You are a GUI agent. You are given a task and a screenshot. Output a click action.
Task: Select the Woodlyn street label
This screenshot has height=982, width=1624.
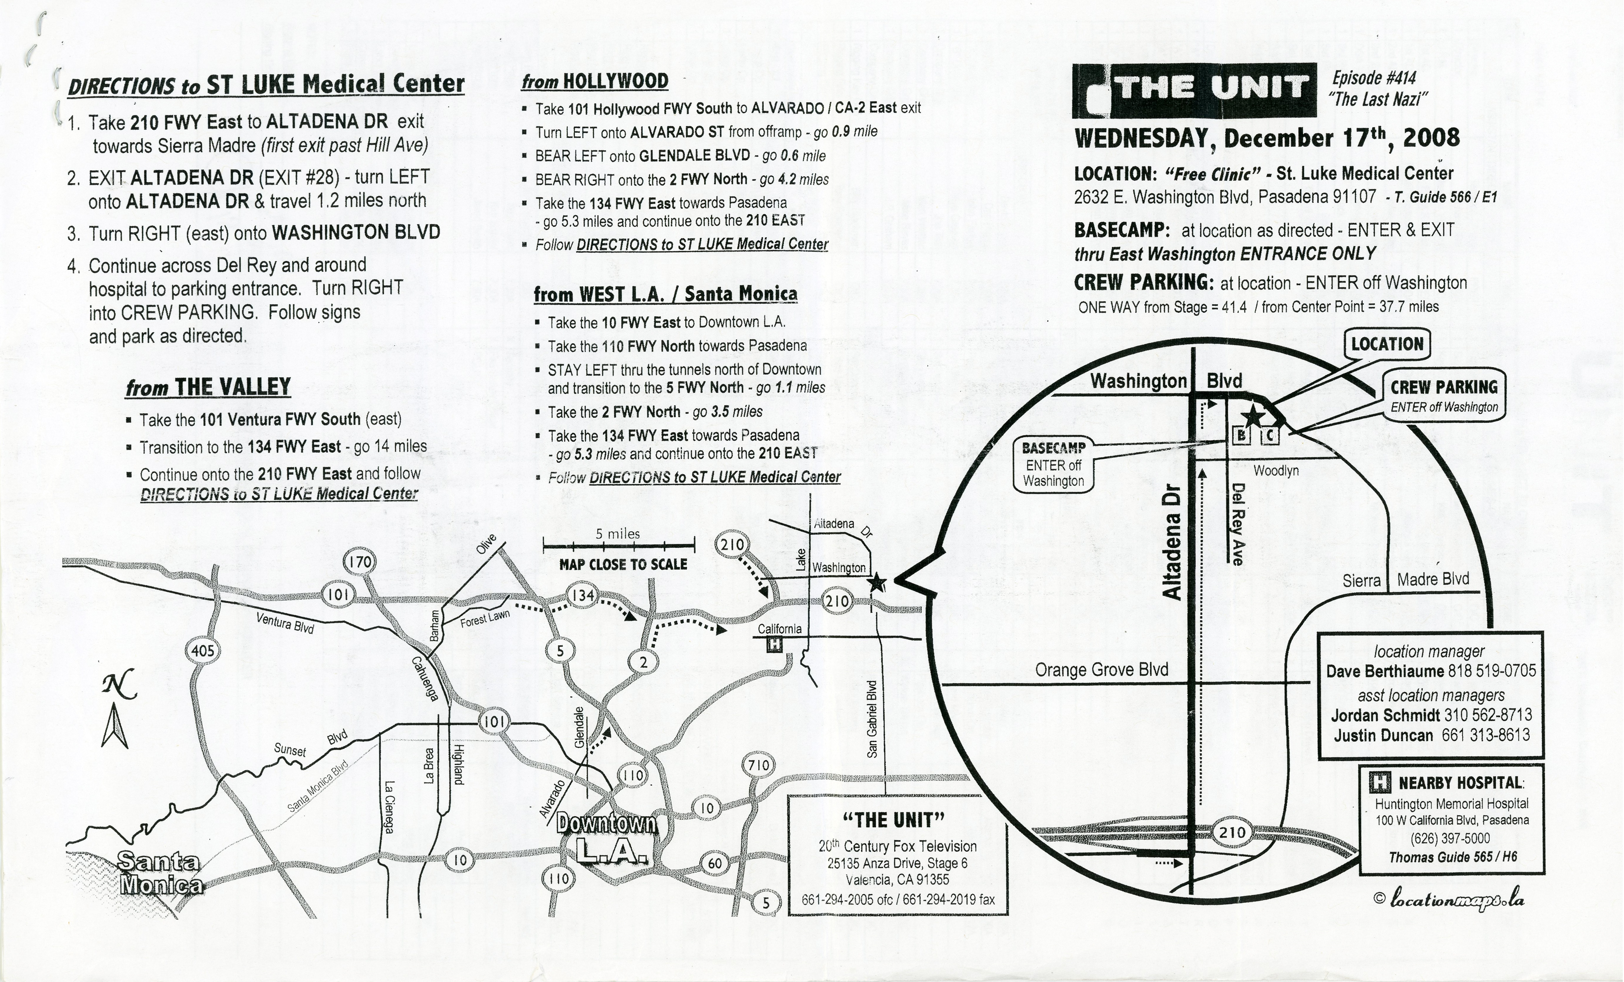[x=1276, y=471]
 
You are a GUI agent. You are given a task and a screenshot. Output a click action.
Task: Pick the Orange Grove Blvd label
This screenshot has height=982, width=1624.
[x=1101, y=670]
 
